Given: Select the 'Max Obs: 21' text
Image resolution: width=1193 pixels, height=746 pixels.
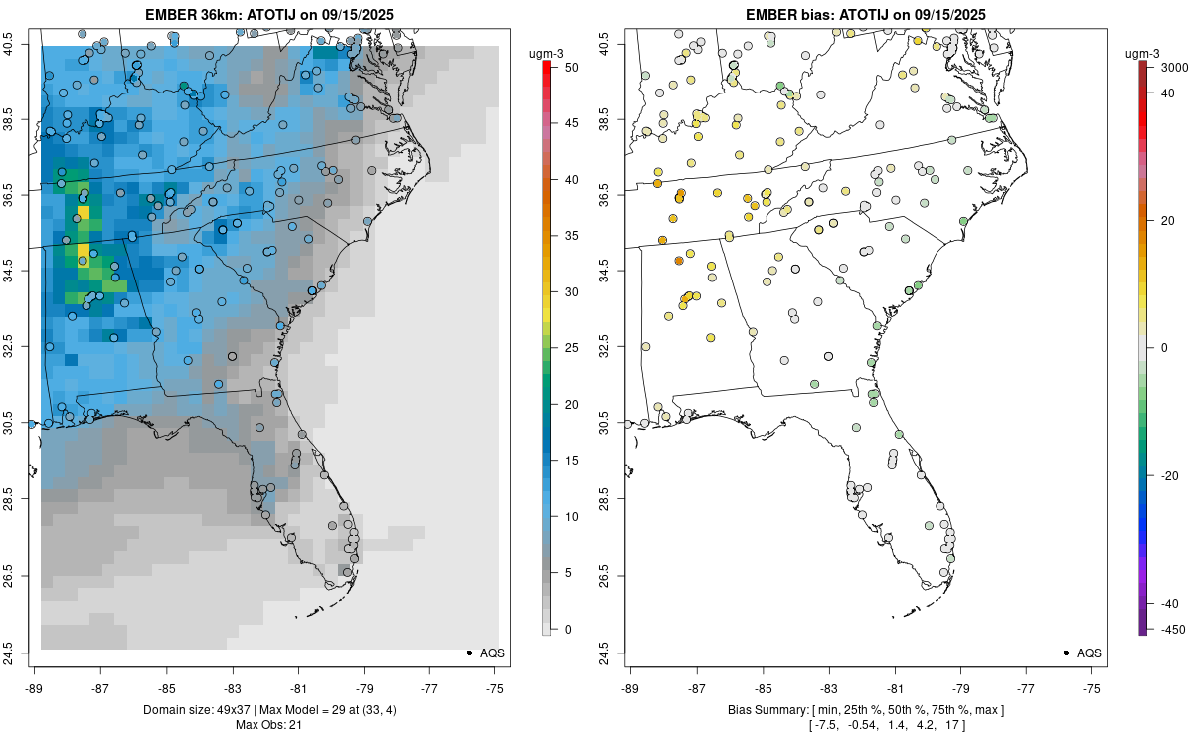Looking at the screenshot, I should [268, 725].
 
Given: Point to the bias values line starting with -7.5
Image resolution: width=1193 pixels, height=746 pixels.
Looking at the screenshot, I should [865, 725].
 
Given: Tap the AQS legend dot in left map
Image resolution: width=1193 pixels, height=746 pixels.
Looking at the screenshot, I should [468, 653].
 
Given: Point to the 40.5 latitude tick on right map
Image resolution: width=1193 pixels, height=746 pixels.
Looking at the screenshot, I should [617, 44].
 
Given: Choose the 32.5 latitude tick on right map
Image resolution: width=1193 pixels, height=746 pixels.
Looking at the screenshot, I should [617, 348].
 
